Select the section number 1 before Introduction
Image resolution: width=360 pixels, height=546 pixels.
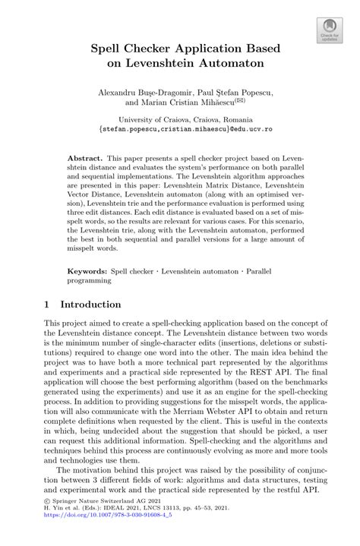tap(47, 305)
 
